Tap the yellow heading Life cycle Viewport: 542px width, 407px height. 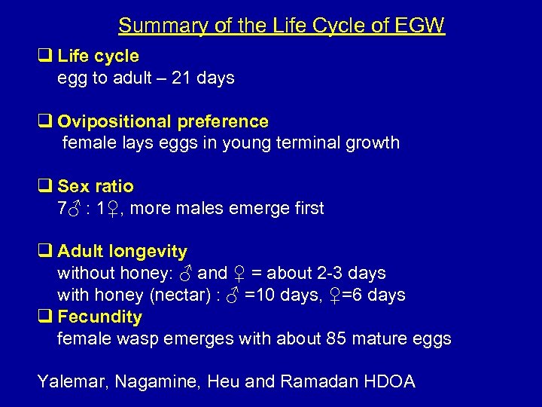(x=98, y=56)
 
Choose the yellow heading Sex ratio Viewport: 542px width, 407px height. (x=96, y=186)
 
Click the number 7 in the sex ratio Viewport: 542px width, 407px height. (x=62, y=208)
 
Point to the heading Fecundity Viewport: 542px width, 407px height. (x=99, y=317)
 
